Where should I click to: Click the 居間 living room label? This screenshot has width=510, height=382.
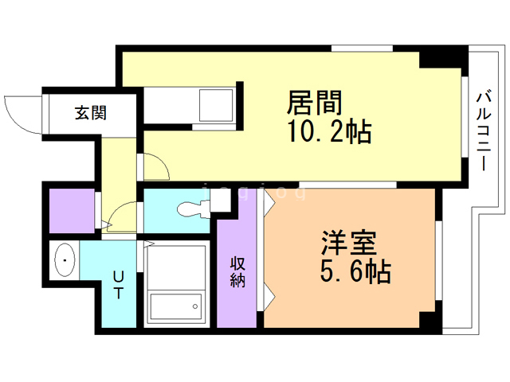(x=315, y=103)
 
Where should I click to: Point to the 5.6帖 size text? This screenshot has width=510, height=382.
(x=355, y=272)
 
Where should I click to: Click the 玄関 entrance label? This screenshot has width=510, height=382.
(x=90, y=113)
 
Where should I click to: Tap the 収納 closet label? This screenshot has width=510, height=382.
(x=238, y=272)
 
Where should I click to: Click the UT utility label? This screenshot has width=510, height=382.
(x=118, y=284)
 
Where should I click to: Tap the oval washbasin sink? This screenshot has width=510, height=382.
(x=63, y=261)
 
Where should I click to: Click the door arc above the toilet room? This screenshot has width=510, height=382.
(x=155, y=166)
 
